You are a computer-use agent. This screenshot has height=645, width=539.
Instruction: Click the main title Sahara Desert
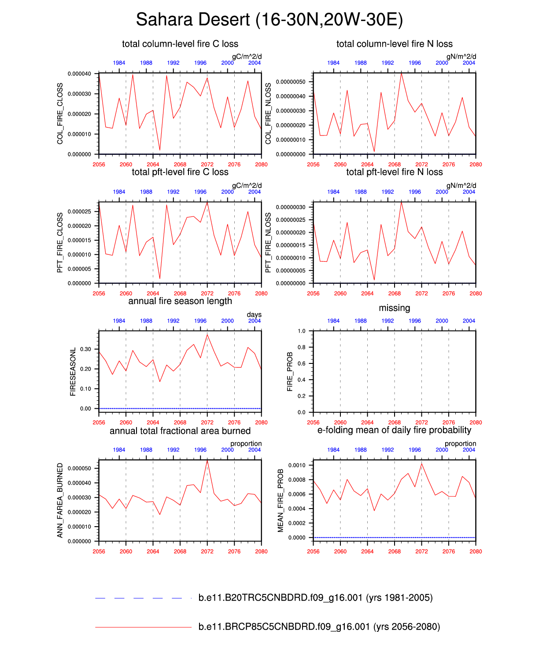pos(269,20)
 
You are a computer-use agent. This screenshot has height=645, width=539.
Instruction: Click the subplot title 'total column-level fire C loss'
pos(180,44)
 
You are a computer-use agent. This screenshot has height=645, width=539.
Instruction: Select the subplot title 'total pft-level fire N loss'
pos(394,172)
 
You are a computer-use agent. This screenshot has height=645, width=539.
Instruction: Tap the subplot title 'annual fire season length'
pos(180,301)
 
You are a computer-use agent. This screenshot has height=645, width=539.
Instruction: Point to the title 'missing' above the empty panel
pos(394,308)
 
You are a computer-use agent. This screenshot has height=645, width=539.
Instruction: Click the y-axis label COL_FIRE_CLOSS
pos(60,114)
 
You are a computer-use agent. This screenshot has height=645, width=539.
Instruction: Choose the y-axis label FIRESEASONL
pos(73,371)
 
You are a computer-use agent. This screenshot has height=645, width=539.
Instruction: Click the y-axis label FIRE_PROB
pos(290,371)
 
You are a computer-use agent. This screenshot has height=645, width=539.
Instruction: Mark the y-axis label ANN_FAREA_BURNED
pos(60,500)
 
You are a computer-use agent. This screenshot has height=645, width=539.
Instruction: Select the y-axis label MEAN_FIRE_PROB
pos(281,500)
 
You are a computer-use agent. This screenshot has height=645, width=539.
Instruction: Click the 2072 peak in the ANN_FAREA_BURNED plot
pos(207,460)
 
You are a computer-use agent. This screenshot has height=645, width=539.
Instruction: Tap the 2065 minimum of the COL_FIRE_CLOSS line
pos(160,150)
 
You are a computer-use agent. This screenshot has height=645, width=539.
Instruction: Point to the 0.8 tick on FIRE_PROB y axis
pos(301,347)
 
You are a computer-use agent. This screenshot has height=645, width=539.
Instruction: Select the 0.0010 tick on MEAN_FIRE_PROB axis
pos(297,465)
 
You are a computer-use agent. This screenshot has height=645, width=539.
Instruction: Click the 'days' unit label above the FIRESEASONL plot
pos(254,315)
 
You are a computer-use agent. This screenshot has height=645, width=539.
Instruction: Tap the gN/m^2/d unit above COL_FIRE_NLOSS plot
pos(461,56)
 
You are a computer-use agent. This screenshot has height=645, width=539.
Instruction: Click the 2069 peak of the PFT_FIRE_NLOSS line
pos(401,202)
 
